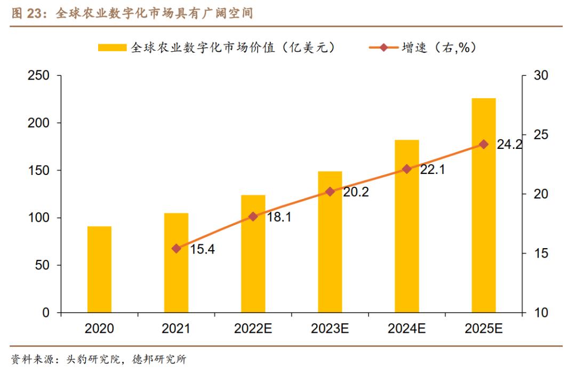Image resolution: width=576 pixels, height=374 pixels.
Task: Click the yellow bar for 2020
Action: click(x=100, y=269)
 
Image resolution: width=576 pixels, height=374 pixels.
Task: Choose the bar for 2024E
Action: click(x=406, y=226)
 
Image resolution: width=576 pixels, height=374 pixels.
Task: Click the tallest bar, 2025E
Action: click(x=483, y=205)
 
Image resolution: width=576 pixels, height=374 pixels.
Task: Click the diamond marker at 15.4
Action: click(x=177, y=248)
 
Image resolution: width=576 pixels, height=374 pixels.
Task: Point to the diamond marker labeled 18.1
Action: click(x=253, y=217)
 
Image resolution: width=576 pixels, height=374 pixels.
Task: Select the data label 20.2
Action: click(x=356, y=192)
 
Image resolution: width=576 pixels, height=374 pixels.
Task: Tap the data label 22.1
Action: click(x=432, y=170)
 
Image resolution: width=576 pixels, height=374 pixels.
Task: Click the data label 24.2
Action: click(x=509, y=145)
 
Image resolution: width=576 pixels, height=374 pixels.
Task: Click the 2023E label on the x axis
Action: click(x=330, y=329)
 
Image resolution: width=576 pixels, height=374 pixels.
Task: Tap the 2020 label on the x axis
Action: click(x=100, y=329)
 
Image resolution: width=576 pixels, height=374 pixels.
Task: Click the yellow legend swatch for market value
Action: click(x=112, y=48)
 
